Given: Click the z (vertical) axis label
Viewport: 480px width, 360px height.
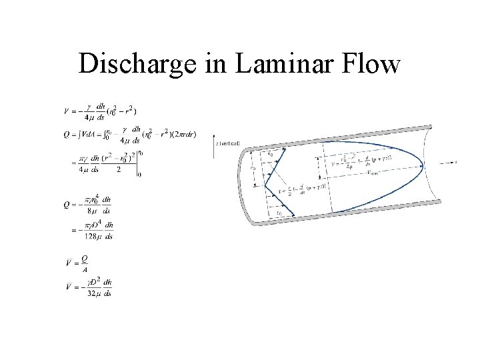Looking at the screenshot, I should (227, 143).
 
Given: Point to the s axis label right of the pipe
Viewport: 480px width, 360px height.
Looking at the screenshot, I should (456, 162).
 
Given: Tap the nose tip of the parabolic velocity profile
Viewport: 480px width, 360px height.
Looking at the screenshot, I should (423, 166).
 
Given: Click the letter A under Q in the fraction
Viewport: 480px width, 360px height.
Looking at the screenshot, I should (85, 270).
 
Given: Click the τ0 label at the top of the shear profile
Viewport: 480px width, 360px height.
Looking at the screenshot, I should (269, 155).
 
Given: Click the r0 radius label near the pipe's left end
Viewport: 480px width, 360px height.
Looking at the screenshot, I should (253, 169).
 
